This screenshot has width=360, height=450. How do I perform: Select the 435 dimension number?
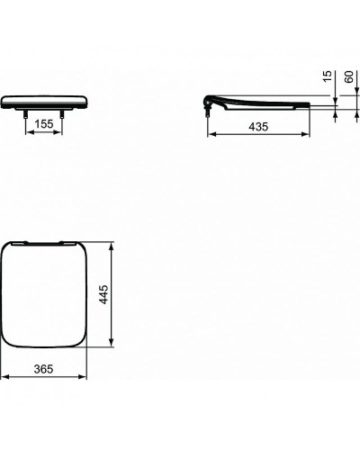259,129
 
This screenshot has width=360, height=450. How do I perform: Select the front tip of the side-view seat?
310,107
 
